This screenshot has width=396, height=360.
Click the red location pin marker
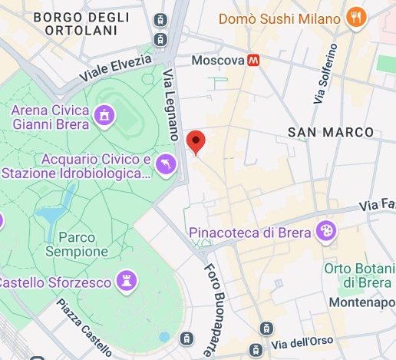click(x=196, y=142)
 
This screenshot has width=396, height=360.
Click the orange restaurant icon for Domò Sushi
click(x=355, y=18)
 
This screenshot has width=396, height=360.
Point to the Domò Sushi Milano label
click(x=279, y=18)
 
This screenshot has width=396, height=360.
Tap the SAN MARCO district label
click(x=331, y=132)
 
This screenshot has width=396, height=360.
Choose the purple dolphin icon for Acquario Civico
click(x=166, y=163)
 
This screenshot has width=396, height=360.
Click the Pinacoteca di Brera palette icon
click(x=326, y=231)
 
